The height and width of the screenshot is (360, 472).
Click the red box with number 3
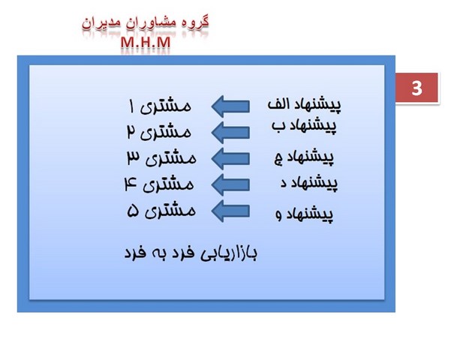[417, 89]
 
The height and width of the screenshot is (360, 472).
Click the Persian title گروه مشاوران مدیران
[145, 22]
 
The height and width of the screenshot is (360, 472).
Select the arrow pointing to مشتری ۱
[230, 105]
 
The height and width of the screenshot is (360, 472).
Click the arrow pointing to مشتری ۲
[230, 131]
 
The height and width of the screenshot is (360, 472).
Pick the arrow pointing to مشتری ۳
[230, 157]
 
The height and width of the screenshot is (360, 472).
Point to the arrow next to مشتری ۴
[230, 184]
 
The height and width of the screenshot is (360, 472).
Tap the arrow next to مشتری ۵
[230, 210]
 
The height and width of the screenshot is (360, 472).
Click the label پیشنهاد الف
[305, 103]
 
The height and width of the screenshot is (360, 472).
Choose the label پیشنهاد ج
[305, 157]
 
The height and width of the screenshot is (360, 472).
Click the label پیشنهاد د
[303, 182]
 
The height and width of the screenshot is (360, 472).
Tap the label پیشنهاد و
[305, 214]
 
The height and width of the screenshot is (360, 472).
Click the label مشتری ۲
[159, 132]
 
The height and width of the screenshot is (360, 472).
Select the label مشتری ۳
[161, 157]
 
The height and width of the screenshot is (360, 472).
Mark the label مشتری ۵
[161, 211]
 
